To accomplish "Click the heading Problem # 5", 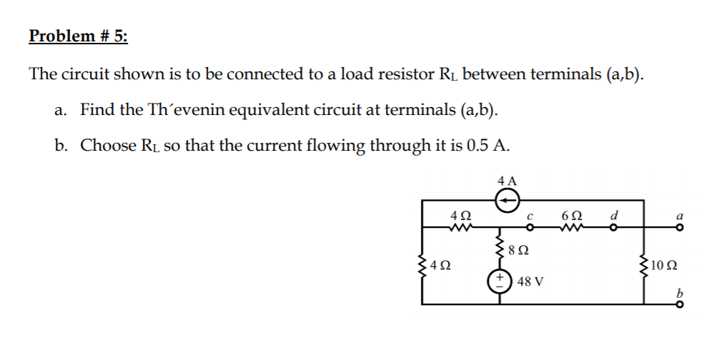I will (79, 36).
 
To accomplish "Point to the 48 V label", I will (529, 281).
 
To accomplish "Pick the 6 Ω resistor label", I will (572, 214).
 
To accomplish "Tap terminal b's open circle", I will (680, 304).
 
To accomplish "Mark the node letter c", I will (531, 215).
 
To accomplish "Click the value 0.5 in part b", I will (477, 146).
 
